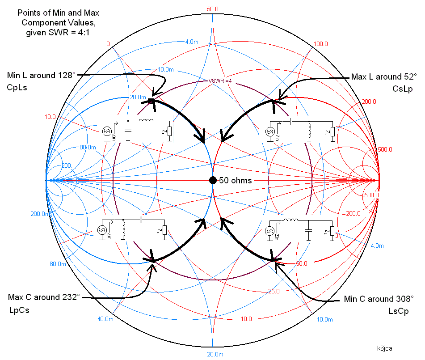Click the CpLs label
17,87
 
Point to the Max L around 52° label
383,77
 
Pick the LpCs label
19,310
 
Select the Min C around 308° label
379,299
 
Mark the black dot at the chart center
213,180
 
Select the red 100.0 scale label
321,44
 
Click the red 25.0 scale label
274,292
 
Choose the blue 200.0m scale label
40,214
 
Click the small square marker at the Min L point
151,102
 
